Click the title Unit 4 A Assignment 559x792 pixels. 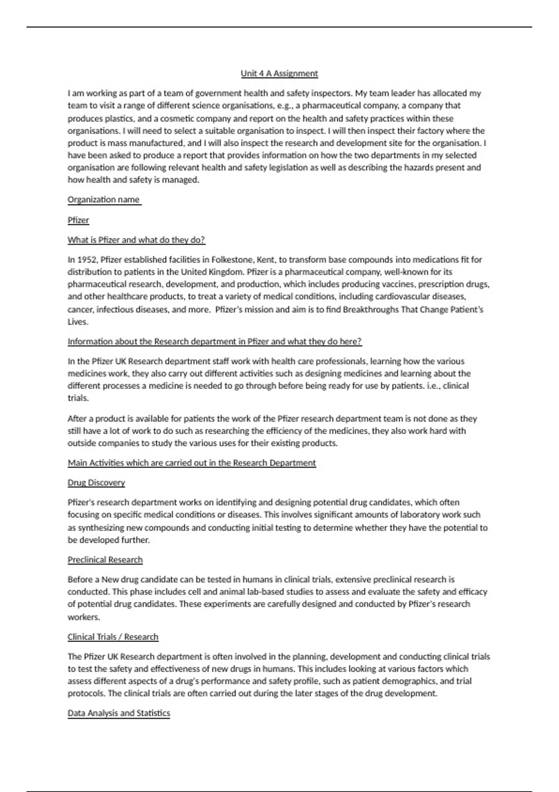pos(279,74)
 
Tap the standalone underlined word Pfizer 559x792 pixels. pos(78,220)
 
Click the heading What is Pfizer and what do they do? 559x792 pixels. pos(136,240)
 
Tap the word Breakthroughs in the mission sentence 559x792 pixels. pos(371,309)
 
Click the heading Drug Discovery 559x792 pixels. pos(96,483)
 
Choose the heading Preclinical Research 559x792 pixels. pos(105,560)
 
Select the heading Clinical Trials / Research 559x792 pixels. pos(113,637)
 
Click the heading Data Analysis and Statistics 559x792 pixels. pos(118,713)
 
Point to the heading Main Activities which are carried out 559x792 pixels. pos(191,463)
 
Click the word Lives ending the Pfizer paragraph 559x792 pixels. pos(77,322)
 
